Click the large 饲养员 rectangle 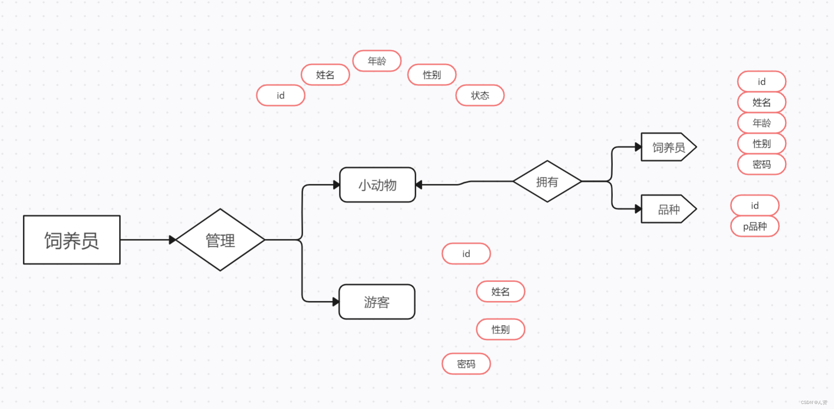[x=72, y=240]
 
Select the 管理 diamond [x=220, y=240]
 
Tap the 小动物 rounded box [x=377, y=185]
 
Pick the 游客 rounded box [x=376, y=302]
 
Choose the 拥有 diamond [x=547, y=182]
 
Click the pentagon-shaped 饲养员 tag [x=668, y=147]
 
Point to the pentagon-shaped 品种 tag [x=668, y=209]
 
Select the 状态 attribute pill [x=480, y=95]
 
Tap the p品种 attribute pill [x=755, y=227]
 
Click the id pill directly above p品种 [x=755, y=205]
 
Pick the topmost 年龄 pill [x=377, y=61]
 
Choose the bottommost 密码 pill [x=466, y=364]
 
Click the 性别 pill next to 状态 [x=432, y=75]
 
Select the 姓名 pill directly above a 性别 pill [x=501, y=292]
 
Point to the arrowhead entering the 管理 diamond [x=172, y=240]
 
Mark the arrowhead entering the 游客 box [x=336, y=302]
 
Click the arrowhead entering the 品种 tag [x=638, y=209]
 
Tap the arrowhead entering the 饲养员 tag [x=638, y=147]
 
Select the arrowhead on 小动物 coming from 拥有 [x=419, y=185]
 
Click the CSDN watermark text [x=814, y=403]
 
